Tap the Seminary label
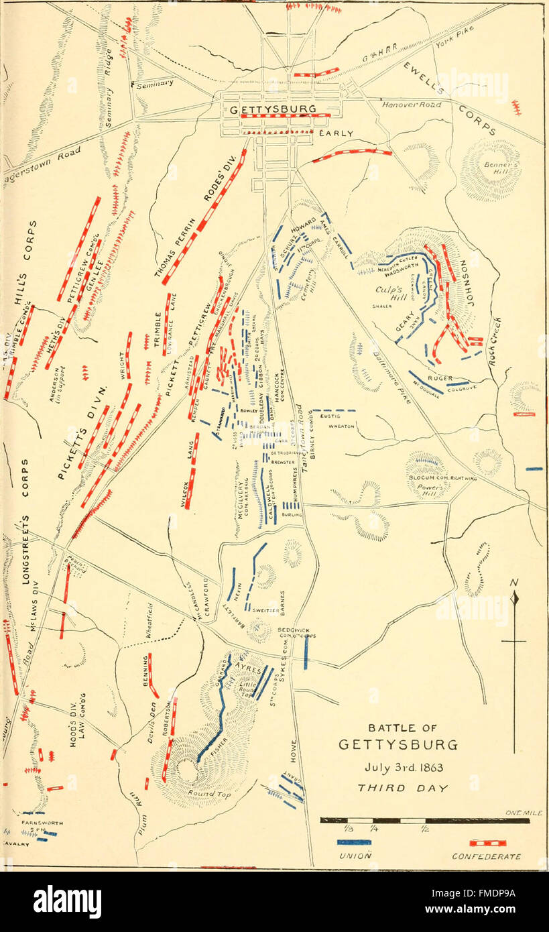pyautogui.click(x=156, y=84)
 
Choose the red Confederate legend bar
pyautogui.click(x=487, y=842)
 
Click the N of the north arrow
pyautogui.click(x=514, y=583)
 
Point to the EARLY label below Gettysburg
pyautogui.click(x=336, y=133)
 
